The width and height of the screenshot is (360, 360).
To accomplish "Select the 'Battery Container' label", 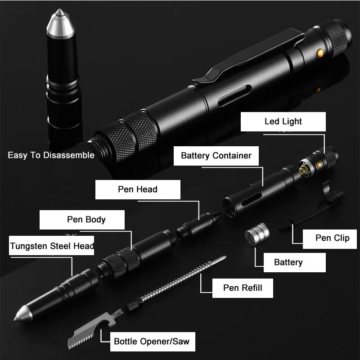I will coord(216,156).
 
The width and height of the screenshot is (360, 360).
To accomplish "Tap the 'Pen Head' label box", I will coord(138,189).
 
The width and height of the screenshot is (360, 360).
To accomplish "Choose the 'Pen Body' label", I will coord(86,220).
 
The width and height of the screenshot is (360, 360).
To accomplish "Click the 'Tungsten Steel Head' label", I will coord(52,246).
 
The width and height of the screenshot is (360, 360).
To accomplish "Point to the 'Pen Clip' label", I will coord(332,238).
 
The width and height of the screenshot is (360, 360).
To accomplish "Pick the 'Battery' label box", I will coord(288,262).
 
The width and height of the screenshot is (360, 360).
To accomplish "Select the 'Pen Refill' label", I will coord(243,288).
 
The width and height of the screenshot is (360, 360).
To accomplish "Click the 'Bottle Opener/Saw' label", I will coord(151,342).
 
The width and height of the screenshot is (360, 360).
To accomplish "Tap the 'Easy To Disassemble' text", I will coord(51,155).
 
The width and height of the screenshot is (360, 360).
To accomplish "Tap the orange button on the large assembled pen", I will coord(320,53).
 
